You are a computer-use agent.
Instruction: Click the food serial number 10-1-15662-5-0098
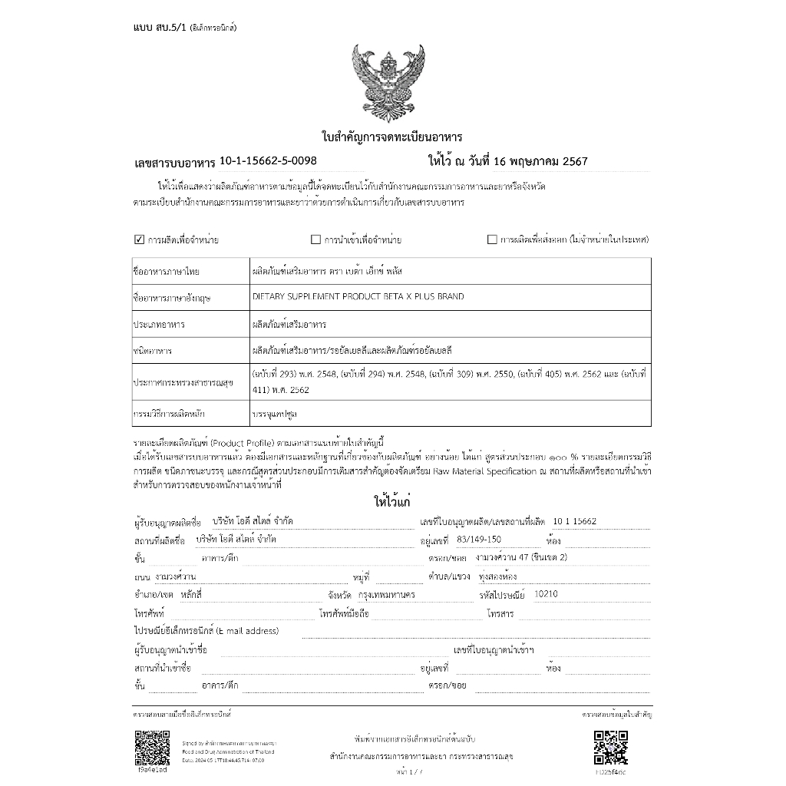(x=267, y=160)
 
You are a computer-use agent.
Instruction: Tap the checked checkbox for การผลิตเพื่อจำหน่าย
(x=139, y=239)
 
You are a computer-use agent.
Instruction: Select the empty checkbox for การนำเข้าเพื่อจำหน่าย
(x=315, y=239)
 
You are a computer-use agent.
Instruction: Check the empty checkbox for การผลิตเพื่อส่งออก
(x=492, y=239)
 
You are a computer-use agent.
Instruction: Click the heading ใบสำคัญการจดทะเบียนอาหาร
(x=391, y=137)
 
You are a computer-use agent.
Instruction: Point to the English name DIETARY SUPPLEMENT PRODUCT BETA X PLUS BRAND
(x=358, y=296)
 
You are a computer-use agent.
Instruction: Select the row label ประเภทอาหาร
(x=159, y=325)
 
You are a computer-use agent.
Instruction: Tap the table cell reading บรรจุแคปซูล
(x=275, y=414)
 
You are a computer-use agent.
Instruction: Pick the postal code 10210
(x=546, y=594)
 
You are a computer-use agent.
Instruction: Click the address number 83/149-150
(x=473, y=540)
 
